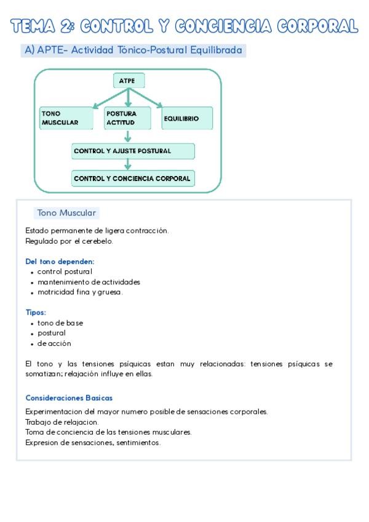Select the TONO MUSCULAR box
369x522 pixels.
[66, 118]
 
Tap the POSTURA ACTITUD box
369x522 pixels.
[127, 118]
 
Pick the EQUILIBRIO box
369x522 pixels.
[187, 118]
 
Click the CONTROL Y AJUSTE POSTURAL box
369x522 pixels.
[133, 151]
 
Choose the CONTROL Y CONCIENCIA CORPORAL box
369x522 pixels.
[133, 179]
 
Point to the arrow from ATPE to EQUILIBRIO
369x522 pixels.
[151, 98]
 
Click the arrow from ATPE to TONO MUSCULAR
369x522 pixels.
[105, 98]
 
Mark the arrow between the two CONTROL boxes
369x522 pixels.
[128, 164]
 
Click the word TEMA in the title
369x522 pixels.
[33, 26]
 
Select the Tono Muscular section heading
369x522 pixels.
[66, 213]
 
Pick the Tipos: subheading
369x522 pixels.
[36, 312]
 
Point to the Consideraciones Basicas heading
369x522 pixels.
[69, 398]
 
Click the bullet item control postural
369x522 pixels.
[65, 271]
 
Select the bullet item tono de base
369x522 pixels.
[60, 323]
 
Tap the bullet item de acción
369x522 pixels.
[54, 343]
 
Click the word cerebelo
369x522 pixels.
[98, 241]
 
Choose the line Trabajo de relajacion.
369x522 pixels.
[61, 422]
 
